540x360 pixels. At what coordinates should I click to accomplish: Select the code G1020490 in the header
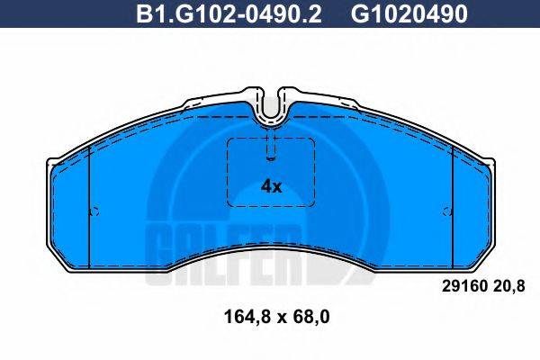396,13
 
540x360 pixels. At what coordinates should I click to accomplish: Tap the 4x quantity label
270,187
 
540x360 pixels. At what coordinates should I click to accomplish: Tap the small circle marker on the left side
94,212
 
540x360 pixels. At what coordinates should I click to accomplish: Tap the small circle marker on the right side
447,212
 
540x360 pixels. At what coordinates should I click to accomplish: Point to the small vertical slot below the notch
271,144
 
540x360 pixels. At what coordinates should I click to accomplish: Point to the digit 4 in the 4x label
265,187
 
